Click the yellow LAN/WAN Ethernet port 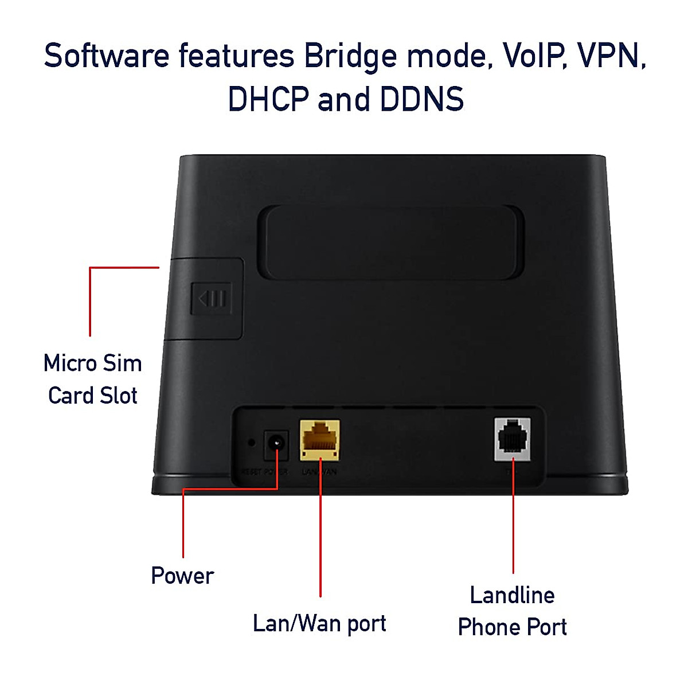click(320, 439)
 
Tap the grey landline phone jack click(512, 439)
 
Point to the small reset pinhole click(251, 442)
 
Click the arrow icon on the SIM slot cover click(212, 299)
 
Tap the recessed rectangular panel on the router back click(391, 243)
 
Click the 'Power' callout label click(182, 576)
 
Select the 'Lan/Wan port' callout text click(319, 623)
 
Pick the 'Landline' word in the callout click(512, 595)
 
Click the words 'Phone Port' click(512, 627)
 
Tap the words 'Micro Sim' click(93, 363)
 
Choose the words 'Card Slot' click(93, 395)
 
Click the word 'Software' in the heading click(107, 56)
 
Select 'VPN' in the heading click(611, 56)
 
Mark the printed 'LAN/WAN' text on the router click(319, 472)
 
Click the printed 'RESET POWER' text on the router click(264, 472)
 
